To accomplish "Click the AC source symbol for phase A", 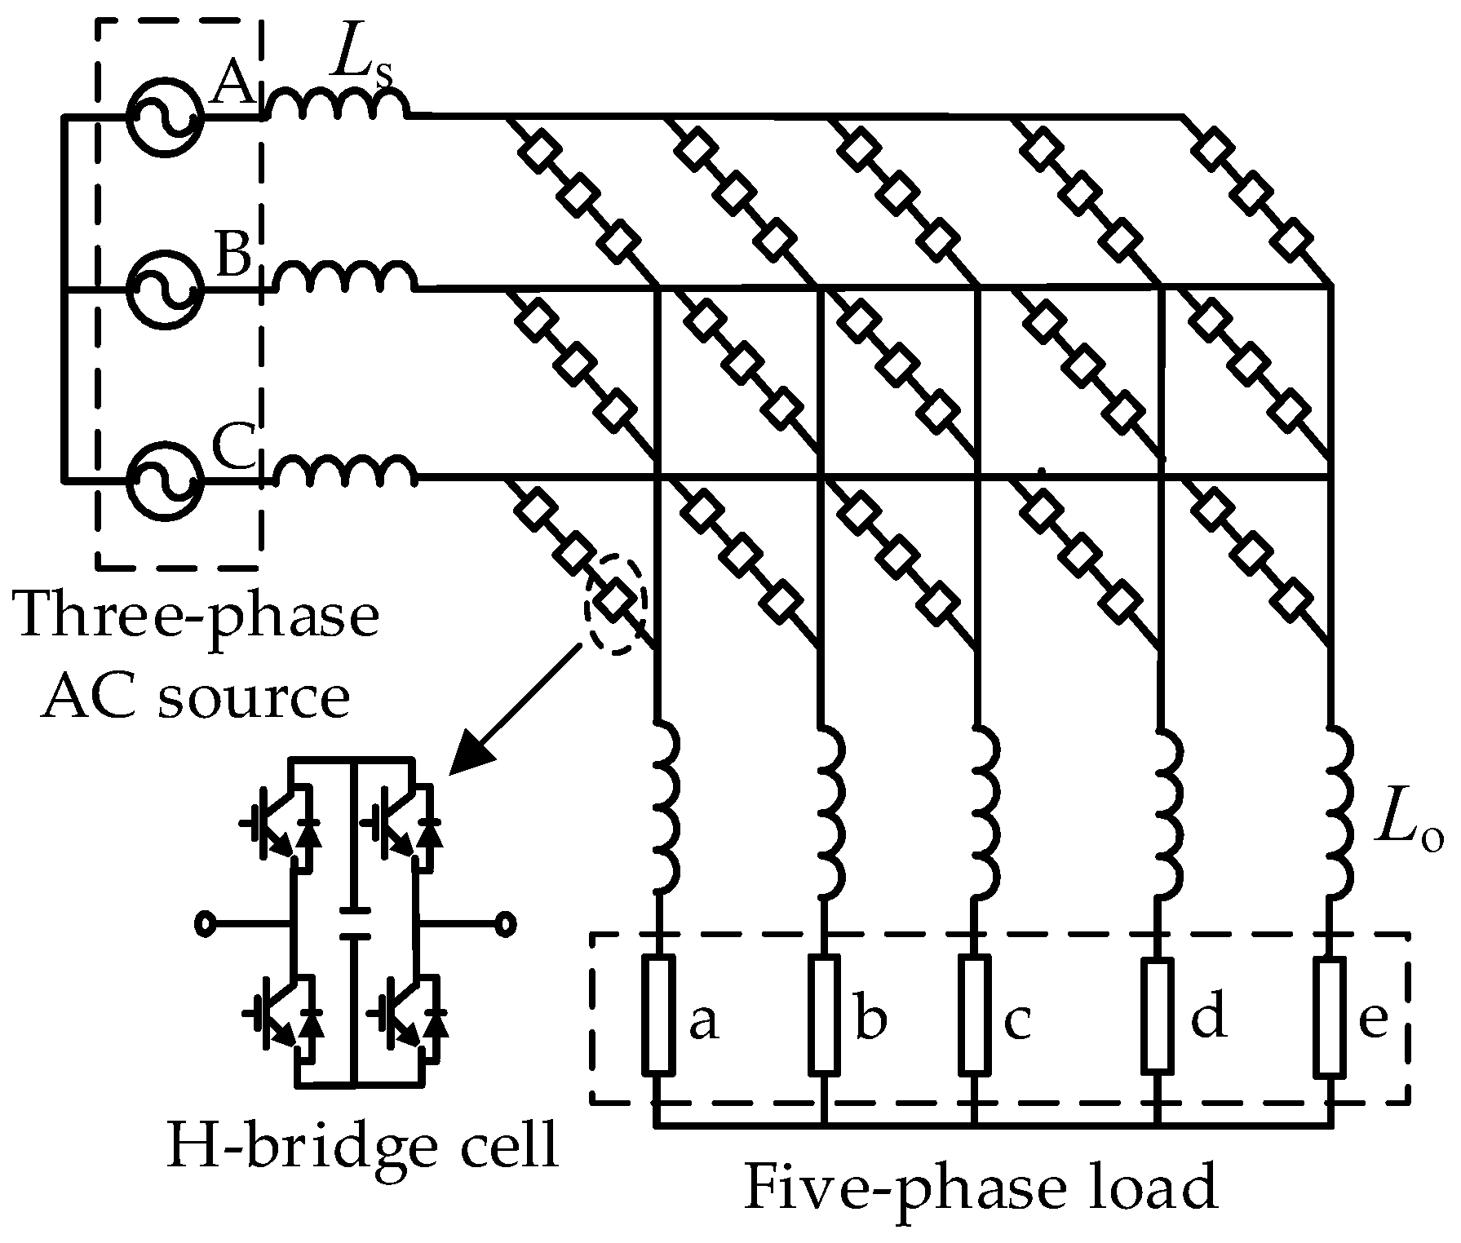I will pyautogui.click(x=164, y=116).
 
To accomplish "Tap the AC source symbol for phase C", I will pyautogui.click(x=164, y=480).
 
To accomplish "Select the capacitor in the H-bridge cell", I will pyautogui.click(x=353, y=922).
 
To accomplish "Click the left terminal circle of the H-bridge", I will pyautogui.click(x=205, y=924).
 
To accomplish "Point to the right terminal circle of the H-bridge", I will pyautogui.click(x=507, y=924).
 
